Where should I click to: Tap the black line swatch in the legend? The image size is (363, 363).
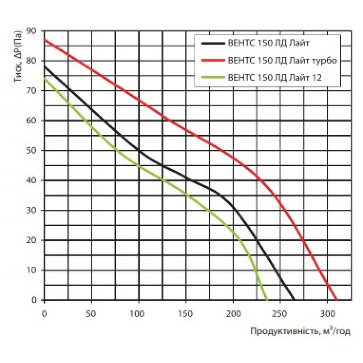[x=212, y=43]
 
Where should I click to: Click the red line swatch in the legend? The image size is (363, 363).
[x=212, y=60]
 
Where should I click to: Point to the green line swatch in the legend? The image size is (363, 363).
[x=212, y=77]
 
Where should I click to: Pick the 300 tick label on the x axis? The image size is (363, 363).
[x=327, y=313]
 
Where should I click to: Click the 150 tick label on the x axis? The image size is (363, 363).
[x=186, y=313]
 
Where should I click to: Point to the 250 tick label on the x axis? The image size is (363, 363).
[x=280, y=313]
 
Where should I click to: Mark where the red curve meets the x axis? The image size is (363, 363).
[x=337, y=300]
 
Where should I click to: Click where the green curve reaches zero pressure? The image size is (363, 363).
[x=268, y=300]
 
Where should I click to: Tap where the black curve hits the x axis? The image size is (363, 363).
[x=294, y=300]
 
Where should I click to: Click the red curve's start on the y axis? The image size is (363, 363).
[x=44, y=39]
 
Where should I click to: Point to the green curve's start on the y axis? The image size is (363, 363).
[x=44, y=78]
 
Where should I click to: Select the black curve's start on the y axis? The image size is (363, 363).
[x=44, y=66]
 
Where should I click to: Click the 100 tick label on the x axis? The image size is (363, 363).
[x=139, y=313]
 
